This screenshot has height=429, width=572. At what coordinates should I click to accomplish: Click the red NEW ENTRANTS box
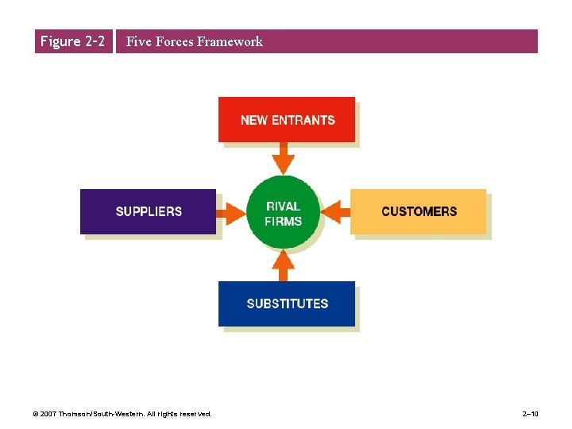coord(287,119)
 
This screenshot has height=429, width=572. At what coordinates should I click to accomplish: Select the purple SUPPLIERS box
coord(148,211)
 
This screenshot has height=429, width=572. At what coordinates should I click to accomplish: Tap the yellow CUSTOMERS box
coord(419,211)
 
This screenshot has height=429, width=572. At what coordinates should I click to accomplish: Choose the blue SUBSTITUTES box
coord(287,303)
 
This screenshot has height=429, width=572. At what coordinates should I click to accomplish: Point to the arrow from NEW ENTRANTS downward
coord(283,157)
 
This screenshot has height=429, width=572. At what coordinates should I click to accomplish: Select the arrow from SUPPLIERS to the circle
coord(231,211)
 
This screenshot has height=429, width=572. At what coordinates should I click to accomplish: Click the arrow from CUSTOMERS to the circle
coord(337,211)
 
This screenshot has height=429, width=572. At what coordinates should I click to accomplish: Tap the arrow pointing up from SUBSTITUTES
coord(283,265)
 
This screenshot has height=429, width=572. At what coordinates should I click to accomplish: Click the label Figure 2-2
coord(72,41)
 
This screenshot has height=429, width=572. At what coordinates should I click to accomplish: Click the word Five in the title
coord(138,41)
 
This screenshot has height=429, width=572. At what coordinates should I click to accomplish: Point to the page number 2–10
coord(531,414)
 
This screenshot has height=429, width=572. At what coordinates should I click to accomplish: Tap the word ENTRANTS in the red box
coord(303,120)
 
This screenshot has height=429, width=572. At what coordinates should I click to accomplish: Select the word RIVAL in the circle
coord(284,207)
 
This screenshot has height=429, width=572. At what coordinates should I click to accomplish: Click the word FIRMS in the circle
coord(284,221)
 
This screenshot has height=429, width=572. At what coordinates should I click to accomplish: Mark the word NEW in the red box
coord(254,120)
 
